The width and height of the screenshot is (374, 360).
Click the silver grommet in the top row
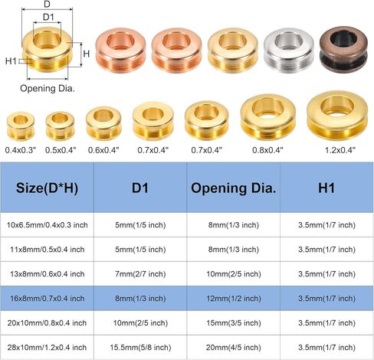pyautogui.click(x=289, y=50)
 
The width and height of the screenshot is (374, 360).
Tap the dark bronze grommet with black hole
pyautogui.click(x=343, y=49)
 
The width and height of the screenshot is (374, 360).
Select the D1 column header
pyautogui.click(x=140, y=188)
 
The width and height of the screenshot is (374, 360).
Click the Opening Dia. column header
pyautogui.click(x=233, y=188)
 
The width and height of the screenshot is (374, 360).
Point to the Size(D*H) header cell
pyautogui.click(x=47, y=188)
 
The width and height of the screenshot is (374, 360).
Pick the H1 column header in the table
pyautogui.click(x=326, y=188)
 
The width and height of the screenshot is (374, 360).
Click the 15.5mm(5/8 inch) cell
pyautogui.click(x=140, y=348)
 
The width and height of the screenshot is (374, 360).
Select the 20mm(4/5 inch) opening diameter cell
pyautogui.click(x=234, y=348)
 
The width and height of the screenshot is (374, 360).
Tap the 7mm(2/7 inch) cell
pyautogui.click(x=140, y=274)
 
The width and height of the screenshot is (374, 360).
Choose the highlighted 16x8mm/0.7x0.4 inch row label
pyautogui.click(x=48, y=299)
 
